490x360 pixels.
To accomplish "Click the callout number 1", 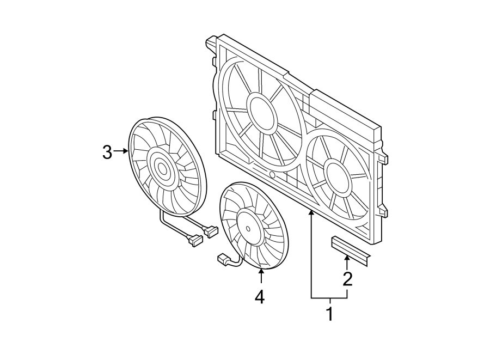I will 329,314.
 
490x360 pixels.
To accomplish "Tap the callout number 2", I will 347,279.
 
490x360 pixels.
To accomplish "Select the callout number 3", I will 107,152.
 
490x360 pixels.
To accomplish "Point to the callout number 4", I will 260,297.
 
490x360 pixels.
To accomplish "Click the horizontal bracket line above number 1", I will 329,298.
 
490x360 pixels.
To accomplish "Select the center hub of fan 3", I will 162,169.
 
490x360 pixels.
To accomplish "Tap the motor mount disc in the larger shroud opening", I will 262,112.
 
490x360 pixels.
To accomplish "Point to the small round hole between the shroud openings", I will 271,175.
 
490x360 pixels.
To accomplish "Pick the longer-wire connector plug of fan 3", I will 193,240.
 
